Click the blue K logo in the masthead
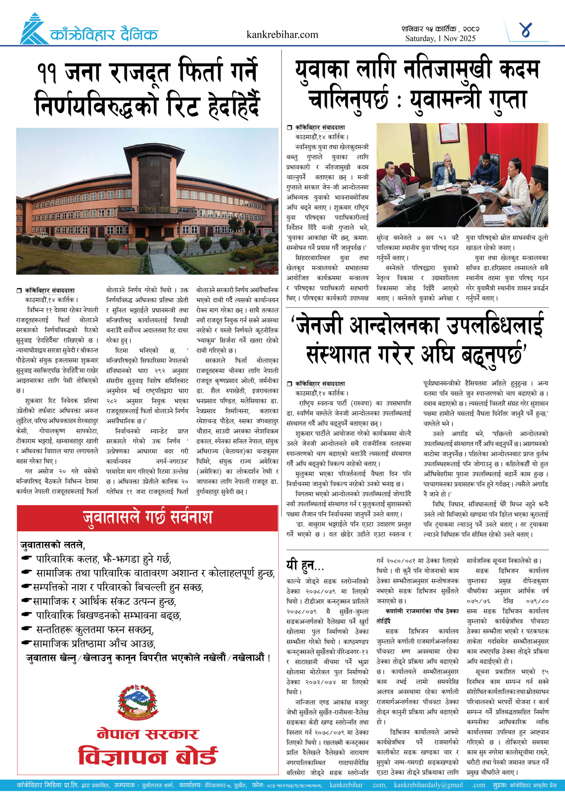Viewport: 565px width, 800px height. pos(33,30)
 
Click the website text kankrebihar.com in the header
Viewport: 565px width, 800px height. pos(282,34)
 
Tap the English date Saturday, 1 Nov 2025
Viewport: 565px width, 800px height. pos(440,38)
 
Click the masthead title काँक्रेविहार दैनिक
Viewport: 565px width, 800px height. pos(104,34)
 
